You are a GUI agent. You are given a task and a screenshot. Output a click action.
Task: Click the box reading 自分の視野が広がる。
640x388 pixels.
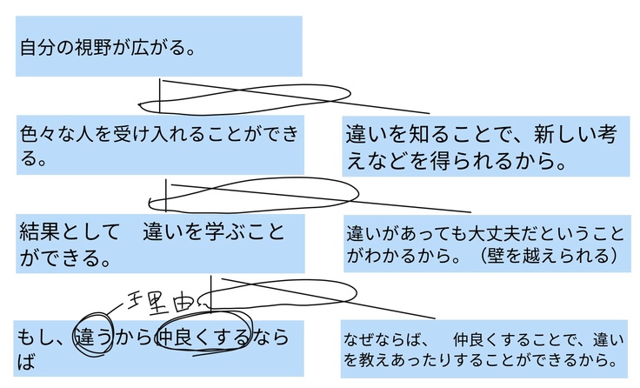click(x=159, y=46)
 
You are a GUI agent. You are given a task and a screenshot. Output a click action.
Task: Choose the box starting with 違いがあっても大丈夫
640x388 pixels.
click(x=484, y=244)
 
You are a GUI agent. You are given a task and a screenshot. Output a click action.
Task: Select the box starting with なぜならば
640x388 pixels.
click(x=484, y=348)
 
